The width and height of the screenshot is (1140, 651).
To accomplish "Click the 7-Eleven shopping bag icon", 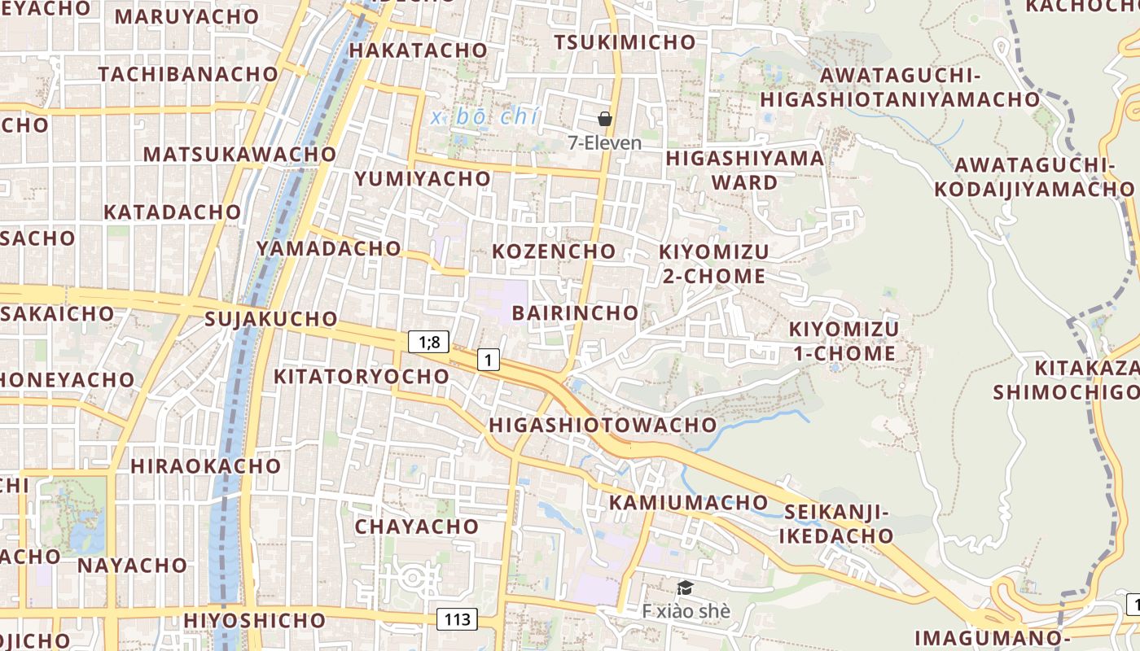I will (x=605, y=119).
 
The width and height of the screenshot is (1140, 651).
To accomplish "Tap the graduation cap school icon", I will (x=686, y=588).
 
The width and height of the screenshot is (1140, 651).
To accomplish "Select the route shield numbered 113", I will (x=458, y=619).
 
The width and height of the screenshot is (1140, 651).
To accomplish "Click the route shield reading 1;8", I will (x=429, y=342).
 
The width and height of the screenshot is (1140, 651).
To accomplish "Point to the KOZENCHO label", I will (x=554, y=251).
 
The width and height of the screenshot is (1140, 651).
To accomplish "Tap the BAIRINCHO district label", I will (x=575, y=312).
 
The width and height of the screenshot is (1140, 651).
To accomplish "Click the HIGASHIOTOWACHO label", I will (x=603, y=425).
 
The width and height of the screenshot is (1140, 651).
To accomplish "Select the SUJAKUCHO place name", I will (x=271, y=318).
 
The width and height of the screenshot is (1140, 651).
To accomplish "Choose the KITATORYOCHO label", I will (x=362, y=376).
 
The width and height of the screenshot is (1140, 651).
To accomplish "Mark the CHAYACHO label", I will (x=416, y=526).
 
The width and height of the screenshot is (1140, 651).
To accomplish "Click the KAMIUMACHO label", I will (x=689, y=502).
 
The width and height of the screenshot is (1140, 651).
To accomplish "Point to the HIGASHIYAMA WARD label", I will (x=745, y=169).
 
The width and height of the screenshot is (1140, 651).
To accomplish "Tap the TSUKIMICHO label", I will (x=625, y=42).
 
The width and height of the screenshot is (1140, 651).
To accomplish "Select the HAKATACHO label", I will (x=418, y=50).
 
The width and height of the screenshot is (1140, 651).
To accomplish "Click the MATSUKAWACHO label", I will (x=239, y=154).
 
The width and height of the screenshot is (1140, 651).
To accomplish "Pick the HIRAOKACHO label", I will (x=205, y=466).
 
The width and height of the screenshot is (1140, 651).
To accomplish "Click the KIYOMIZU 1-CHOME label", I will (x=844, y=341).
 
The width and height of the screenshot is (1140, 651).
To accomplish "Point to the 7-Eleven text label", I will (x=605, y=142).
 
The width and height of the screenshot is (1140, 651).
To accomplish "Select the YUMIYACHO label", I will (x=423, y=178).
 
